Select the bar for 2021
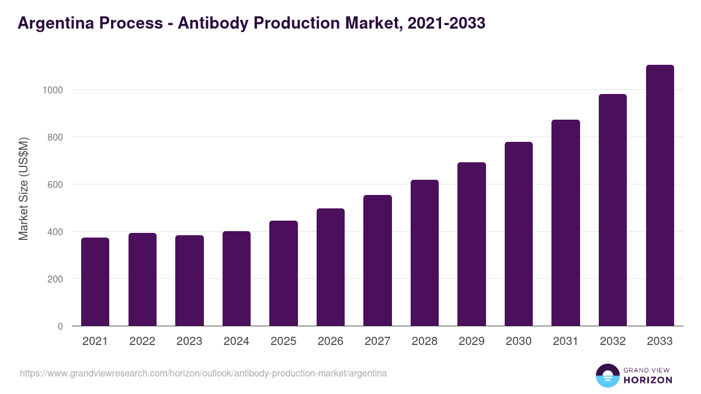coord(95,282)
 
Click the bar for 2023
coord(189,281)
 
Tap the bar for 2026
coord(331,267)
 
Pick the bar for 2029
coord(471,244)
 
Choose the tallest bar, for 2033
coord(660,196)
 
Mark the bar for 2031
coord(565,223)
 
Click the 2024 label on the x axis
coord(236,341)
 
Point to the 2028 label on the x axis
coord(424,341)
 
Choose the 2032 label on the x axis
coord(612,341)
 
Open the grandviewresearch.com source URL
coord(203,373)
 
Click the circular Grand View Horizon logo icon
coord(607,375)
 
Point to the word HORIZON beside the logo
coord(648,380)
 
